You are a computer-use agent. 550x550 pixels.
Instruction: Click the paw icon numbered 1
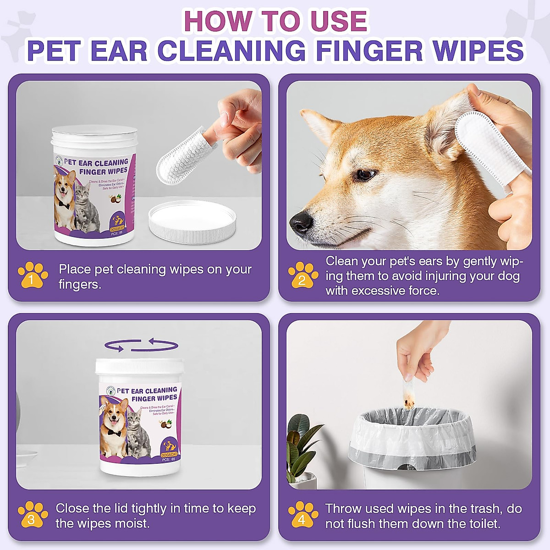tap(33, 276)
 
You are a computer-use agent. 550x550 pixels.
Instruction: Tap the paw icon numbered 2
tap(303, 276)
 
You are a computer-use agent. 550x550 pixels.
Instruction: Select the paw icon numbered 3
tap(33, 515)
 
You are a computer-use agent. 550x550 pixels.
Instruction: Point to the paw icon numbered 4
tap(303, 515)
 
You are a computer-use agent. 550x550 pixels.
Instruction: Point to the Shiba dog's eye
tap(365, 174)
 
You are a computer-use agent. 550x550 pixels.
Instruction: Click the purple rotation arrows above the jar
tap(141, 345)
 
